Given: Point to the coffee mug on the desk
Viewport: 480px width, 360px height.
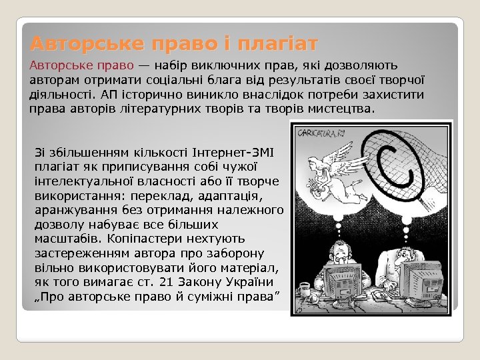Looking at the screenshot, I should tap(305, 288).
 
